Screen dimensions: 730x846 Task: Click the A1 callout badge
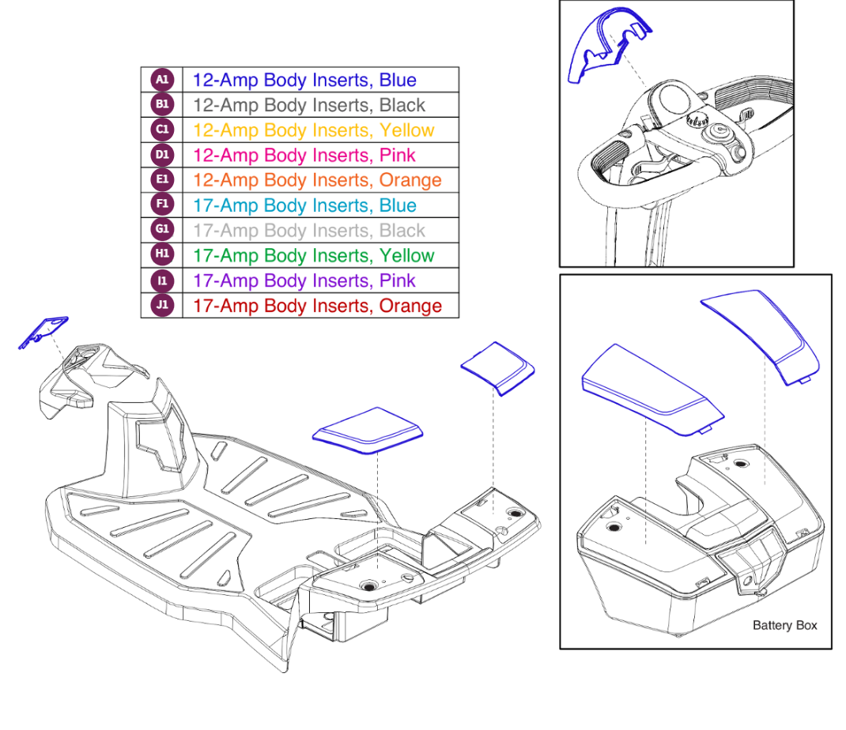161,80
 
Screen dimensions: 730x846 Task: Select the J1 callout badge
161,306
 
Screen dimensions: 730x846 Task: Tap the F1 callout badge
161,205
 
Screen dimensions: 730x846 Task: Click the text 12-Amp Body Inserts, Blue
304,80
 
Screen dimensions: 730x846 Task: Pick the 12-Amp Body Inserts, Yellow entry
314,130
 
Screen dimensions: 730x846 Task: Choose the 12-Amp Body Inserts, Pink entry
304,156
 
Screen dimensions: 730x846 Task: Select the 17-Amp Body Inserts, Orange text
317,306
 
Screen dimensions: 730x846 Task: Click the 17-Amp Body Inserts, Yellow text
314,256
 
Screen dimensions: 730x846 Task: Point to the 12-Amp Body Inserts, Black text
309,105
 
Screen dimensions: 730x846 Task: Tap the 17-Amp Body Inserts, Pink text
304,281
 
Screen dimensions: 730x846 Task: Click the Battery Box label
784,626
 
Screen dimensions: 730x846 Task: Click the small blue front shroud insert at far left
43,330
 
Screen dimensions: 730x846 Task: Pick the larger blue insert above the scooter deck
368,431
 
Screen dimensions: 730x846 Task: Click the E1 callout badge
161,180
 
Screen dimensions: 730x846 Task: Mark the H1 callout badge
161,256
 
